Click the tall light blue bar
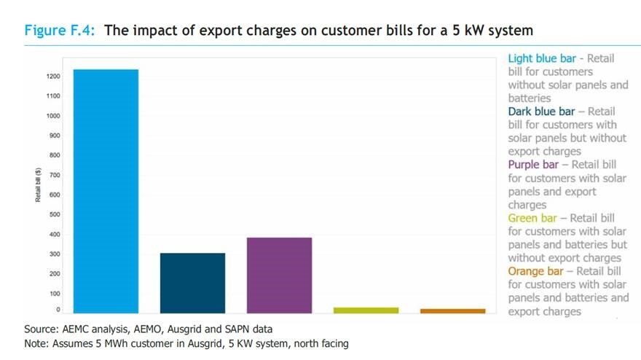click(106, 191)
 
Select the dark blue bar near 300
click(192, 283)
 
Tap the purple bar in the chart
click(279, 275)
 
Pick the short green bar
click(366, 310)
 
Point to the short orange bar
click(452, 310)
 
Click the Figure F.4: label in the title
click(62, 31)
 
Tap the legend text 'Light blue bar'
click(541, 59)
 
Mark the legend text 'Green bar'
click(534, 218)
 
